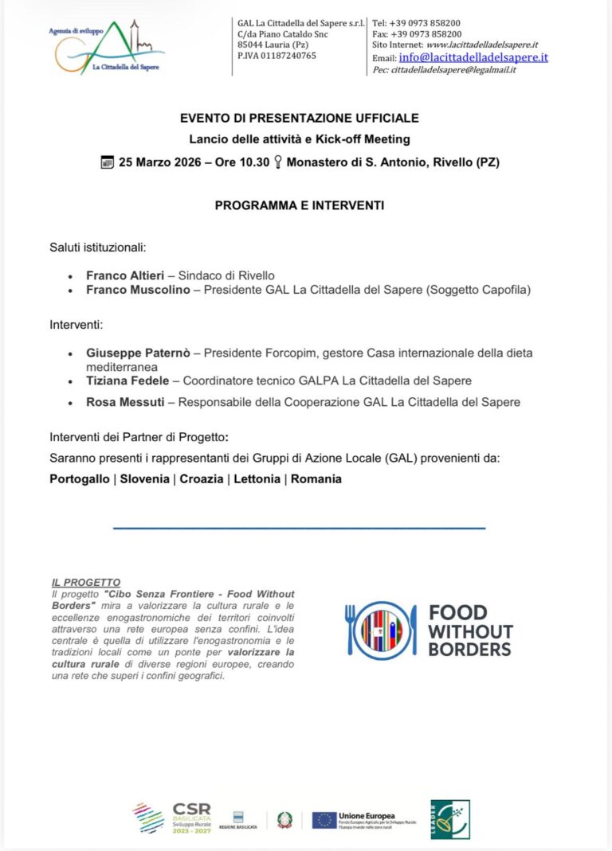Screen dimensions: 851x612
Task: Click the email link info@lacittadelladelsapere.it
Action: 473,57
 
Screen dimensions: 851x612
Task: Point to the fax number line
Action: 417,34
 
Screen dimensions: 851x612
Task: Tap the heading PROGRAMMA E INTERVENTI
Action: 300,205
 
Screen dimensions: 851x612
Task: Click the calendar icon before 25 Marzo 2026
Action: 108,162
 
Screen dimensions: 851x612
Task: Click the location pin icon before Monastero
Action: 278,162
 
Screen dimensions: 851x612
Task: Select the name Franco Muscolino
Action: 138,290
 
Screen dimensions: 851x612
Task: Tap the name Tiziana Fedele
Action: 127,381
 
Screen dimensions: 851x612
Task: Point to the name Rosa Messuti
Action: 125,402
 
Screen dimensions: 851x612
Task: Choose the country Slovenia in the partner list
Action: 144,478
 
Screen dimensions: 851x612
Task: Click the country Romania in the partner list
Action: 316,478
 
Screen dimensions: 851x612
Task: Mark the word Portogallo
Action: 80,478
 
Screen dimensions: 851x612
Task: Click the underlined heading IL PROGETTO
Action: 86,583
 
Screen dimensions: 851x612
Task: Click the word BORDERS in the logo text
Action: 469,649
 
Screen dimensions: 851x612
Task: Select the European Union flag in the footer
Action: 324,820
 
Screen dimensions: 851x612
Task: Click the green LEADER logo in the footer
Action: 450,819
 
